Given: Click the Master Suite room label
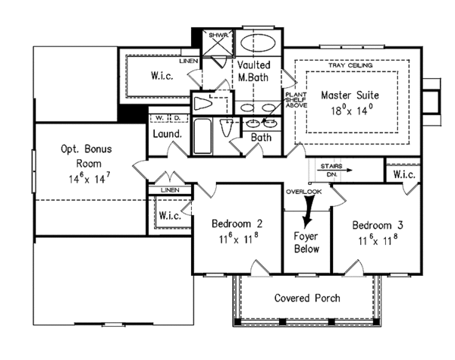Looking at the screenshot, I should [349, 95].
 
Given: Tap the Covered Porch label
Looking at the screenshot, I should [306, 298].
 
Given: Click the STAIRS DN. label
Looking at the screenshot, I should [331, 168].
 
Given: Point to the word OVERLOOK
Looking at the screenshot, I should [304, 192].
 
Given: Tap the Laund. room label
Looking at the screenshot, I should [166, 134].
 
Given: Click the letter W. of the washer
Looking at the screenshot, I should [158, 119].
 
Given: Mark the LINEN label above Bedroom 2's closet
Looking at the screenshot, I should [170, 189].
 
